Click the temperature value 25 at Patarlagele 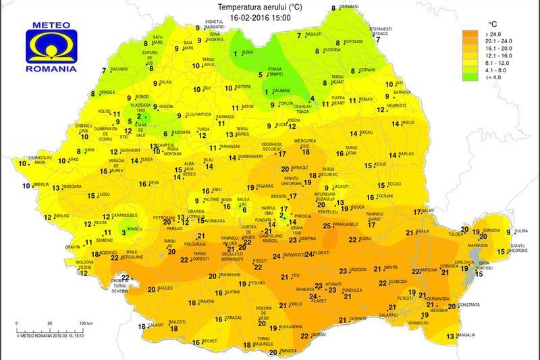[x=327, y=226]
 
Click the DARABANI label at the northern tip [x=348, y=6]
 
